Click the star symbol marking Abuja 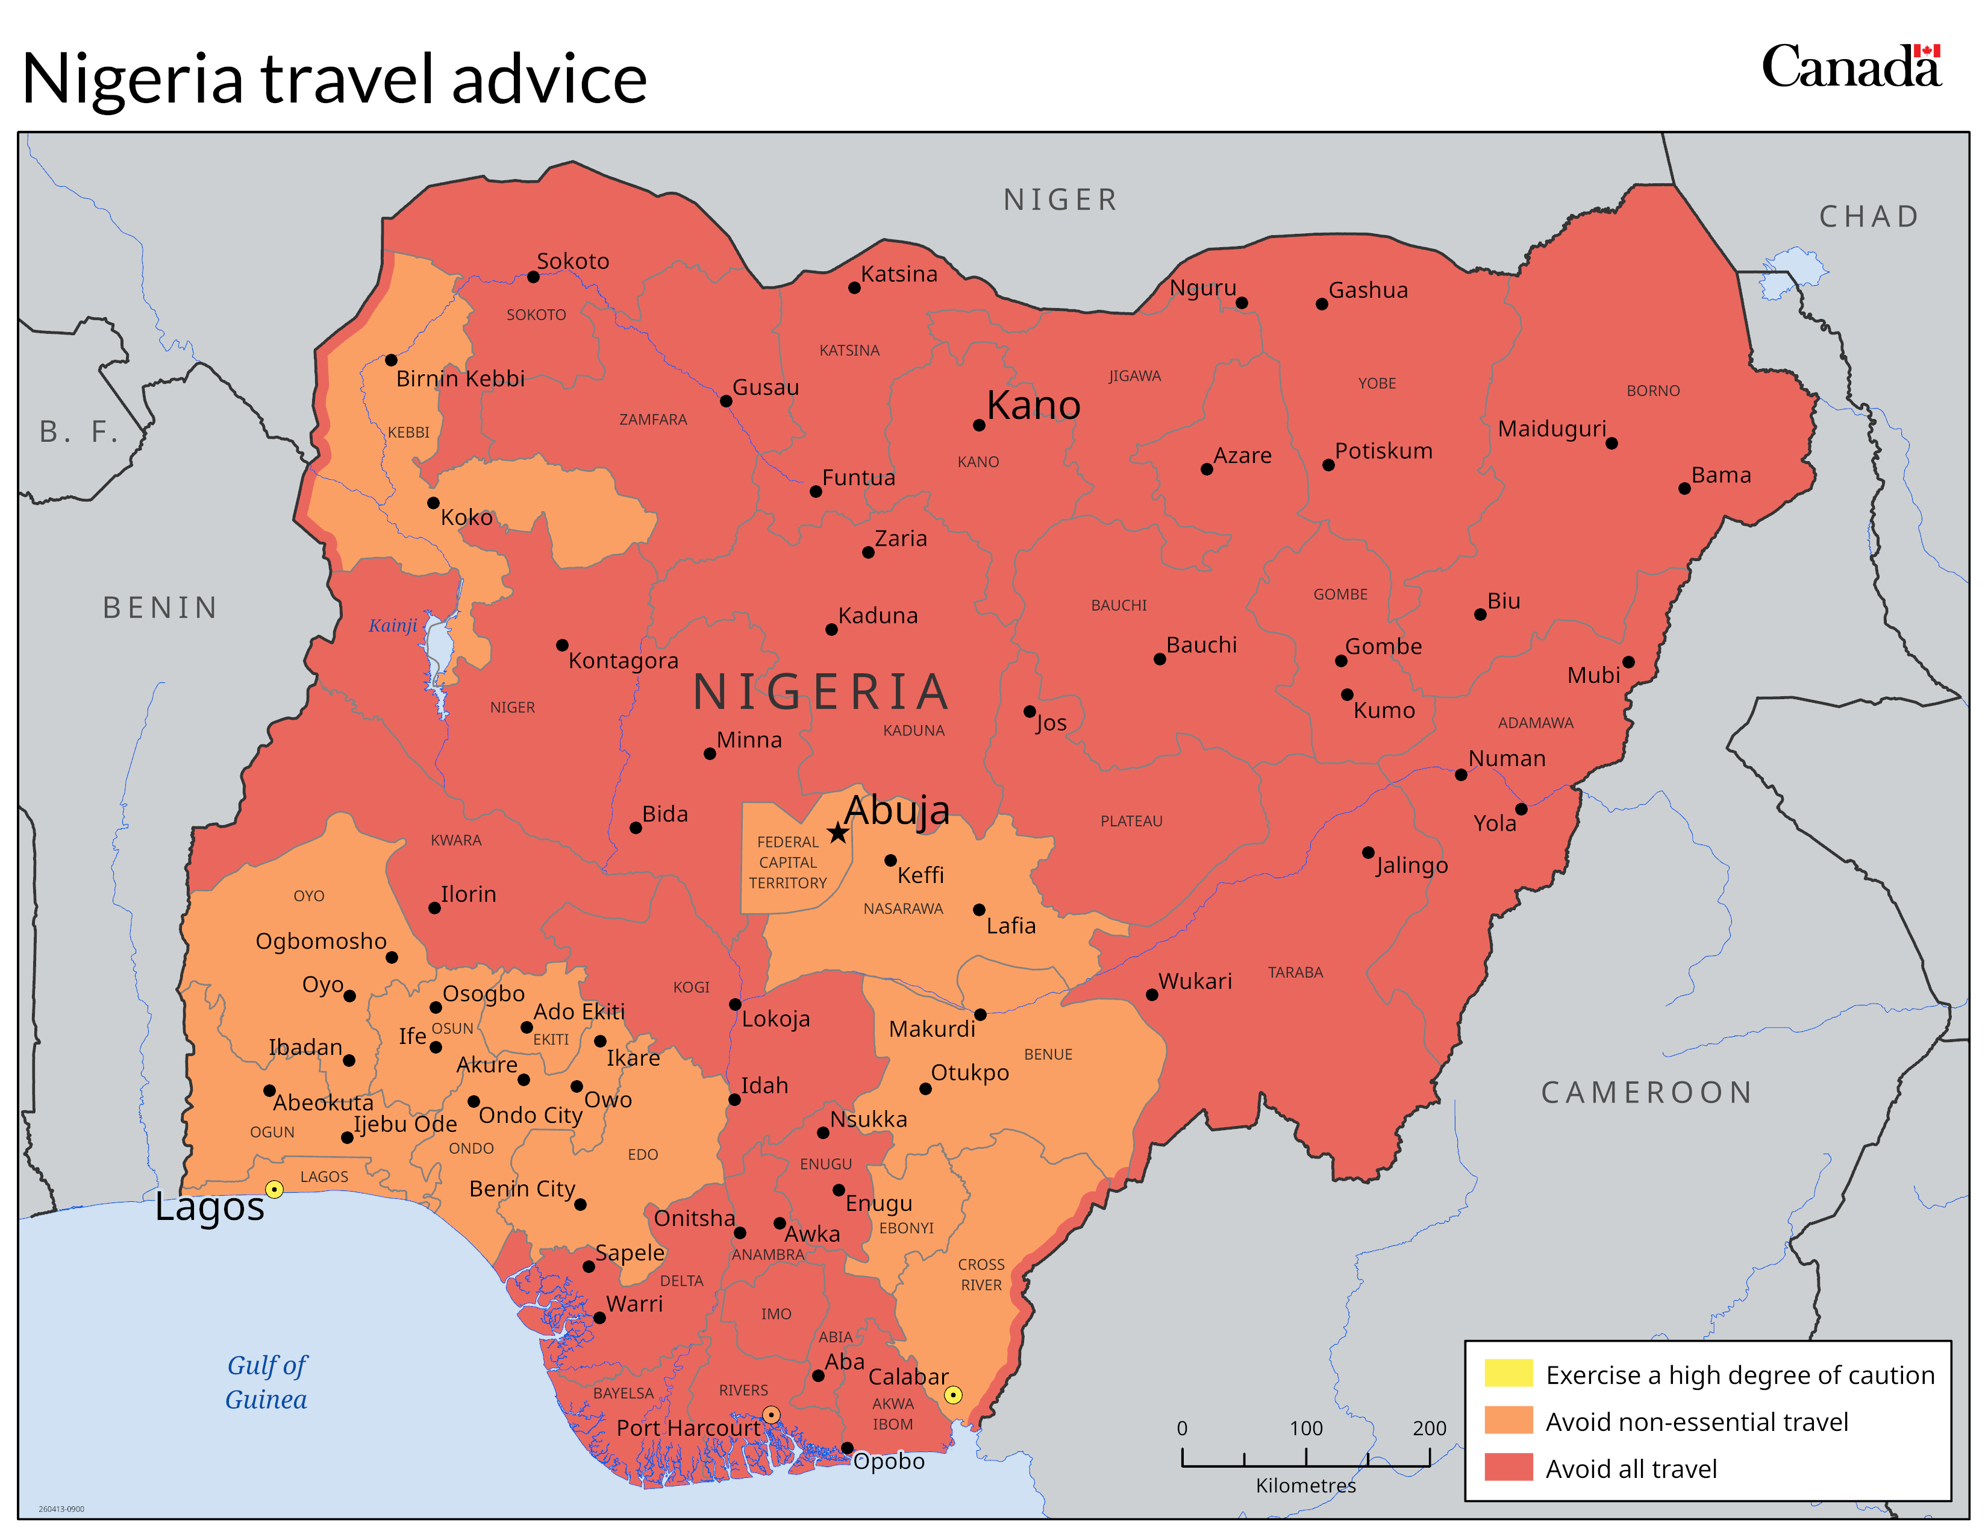(837, 832)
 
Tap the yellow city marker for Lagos (274, 1189)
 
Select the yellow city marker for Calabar (952, 1395)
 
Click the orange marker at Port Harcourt (771, 1415)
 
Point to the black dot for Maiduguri (1611, 444)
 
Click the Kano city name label (1033, 405)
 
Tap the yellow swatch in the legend (1508, 1373)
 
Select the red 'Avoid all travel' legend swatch (1508, 1468)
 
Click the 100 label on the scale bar (1305, 1428)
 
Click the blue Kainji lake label (392, 626)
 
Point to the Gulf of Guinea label (267, 1382)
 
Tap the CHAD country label (1869, 217)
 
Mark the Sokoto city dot (533, 277)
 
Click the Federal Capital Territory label (787, 863)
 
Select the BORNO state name (1653, 391)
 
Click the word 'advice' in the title (549, 78)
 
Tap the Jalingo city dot (1368, 852)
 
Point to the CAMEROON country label (1646, 1092)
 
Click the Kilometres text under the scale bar (1305, 1485)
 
